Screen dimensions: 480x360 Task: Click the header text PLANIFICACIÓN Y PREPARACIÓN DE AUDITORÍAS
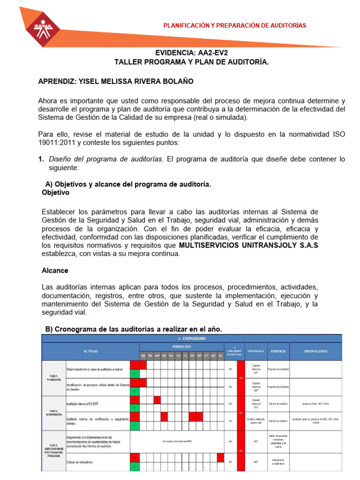[234, 25]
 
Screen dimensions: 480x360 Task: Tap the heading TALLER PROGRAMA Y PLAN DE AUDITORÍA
[192, 62]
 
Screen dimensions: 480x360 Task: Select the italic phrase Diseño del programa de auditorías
[106, 159]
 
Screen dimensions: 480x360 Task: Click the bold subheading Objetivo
[55, 193]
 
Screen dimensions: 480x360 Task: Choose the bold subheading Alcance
[55, 270]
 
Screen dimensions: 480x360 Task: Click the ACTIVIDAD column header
[90, 351]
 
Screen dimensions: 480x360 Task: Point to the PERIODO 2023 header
[182, 346]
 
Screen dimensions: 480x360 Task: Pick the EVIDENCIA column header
[278, 351]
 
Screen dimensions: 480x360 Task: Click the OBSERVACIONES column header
[315, 351]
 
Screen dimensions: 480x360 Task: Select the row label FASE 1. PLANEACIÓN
[54, 378]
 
